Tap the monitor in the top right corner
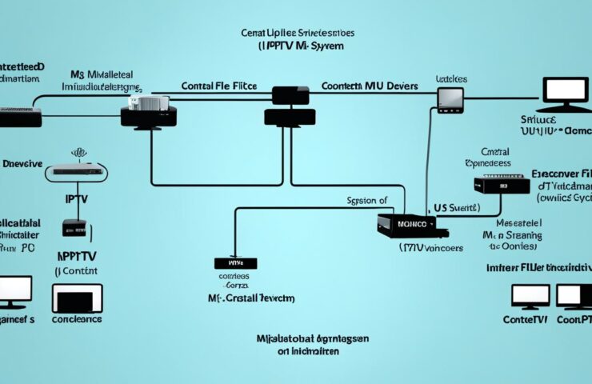(x=564, y=94)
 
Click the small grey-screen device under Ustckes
(x=450, y=98)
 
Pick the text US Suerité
(x=454, y=207)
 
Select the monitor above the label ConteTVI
(x=530, y=297)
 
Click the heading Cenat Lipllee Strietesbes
(x=297, y=34)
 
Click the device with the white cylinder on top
(x=149, y=110)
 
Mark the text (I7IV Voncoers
(x=430, y=248)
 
